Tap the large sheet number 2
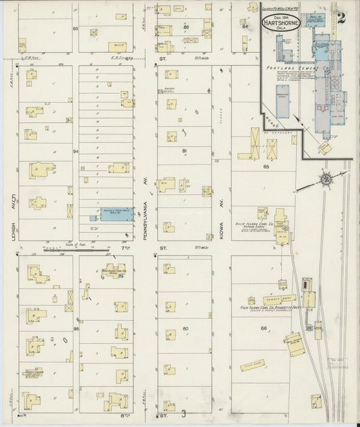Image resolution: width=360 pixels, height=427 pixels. tap(342, 18)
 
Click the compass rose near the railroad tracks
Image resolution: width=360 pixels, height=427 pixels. tap(325, 180)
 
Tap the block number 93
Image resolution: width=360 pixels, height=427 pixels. tap(76, 29)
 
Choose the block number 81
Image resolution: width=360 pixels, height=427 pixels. tap(184, 151)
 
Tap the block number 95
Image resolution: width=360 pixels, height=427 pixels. tap(76, 328)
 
